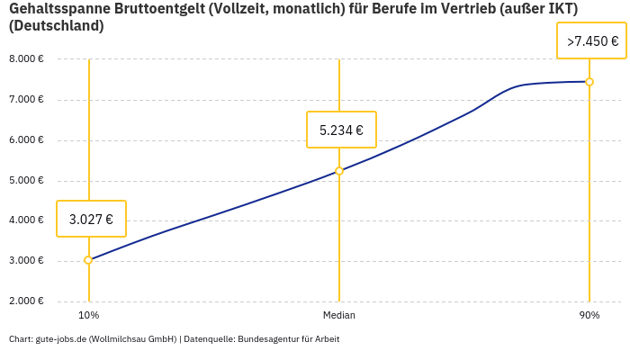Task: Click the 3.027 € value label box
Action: pyautogui.click(x=91, y=219)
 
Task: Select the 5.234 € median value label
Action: pyautogui.click(x=341, y=130)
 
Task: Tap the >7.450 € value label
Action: pyautogui.click(x=592, y=41)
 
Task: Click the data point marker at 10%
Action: pyautogui.click(x=88, y=260)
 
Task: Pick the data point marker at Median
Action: pyautogui.click(x=339, y=171)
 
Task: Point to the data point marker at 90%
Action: pyautogui.click(x=589, y=82)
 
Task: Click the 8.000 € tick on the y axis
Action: pyautogui.click(x=26, y=59)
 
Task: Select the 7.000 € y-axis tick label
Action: pyautogui.click(x=26, y=100)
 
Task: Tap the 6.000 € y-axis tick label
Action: pyautogui.click(x=26, y=140)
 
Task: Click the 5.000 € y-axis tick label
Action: pyautogui.click(x=26, y=181)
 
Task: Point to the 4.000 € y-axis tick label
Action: pyautogui.click(x=26, y=220)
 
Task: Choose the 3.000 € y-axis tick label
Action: pyautogui.click(x=26, y=261)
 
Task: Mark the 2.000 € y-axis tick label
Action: pyautogui.click(x=26, y=301)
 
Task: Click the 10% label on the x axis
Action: pyautogui.click(x=88, y=316)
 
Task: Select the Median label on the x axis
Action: pyautogui.click(x=339, y=316)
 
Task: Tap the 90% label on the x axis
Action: pyautogui.click(x=589, y=316)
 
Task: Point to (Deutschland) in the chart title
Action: pyautogui.click(x=56, y=26)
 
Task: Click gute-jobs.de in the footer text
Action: pyautogui.click(x=60, y=339)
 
